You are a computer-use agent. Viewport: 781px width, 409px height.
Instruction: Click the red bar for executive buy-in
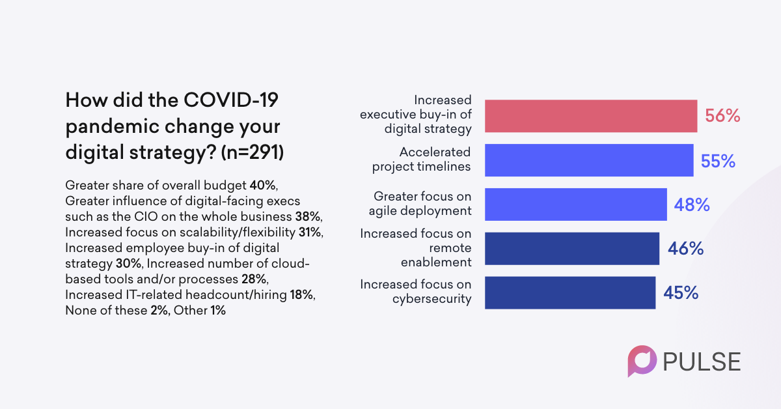click(x=591, y=116)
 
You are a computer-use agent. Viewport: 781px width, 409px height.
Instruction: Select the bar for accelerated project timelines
click(x=589, y=160)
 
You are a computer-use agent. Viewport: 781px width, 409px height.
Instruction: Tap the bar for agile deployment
click(x=576, y=204)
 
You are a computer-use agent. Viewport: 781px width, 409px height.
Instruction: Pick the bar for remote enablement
click(x=572, y=248)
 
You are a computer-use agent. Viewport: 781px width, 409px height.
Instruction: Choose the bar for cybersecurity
click(x=570, y=292)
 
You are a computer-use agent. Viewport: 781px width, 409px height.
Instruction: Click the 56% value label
click(x=722, y=117)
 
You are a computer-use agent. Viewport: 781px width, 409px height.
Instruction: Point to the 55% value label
click(x=718, y=161)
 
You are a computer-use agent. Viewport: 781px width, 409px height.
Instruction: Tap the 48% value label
click(x=692, y=205)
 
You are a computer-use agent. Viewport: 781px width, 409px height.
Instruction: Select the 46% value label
click(x=685, y=249)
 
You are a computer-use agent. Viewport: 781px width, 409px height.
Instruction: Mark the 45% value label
click(x=681, y=293)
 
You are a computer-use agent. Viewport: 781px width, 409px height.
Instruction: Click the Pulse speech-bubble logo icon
click(x=641, y=360)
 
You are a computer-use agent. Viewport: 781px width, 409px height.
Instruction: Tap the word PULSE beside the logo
click(x=702, y=361)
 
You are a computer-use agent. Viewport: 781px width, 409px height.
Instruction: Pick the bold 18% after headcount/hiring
click(x=302, y=295)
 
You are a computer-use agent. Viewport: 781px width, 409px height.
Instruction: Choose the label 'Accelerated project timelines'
click(x=421, y=160)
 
